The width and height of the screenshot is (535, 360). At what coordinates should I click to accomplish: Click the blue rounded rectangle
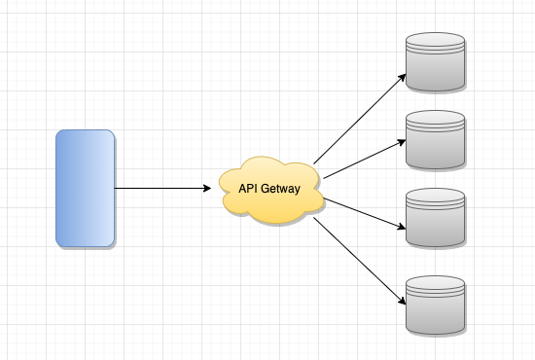[x=86, y=188]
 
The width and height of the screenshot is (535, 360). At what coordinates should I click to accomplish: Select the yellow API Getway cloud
[x=271, y=190]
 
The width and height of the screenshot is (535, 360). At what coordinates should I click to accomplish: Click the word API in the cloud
[x=247, y=189]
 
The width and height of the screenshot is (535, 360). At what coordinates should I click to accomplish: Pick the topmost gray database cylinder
[x=436, y=61]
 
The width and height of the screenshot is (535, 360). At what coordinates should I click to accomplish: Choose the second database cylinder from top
[x=436, y=139]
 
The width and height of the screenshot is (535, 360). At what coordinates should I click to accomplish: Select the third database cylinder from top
[x=436, y=217]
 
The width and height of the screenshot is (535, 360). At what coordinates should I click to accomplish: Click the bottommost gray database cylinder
[x=436, y=306]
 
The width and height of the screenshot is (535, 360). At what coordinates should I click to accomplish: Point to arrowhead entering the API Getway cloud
[x=207, y=188]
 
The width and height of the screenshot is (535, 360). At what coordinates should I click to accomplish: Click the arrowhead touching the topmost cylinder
[x=403, y=78]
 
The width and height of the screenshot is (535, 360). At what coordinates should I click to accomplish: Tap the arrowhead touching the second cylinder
[x=402, y=142]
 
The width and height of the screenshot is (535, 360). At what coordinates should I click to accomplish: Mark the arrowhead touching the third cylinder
[x=402, y=227]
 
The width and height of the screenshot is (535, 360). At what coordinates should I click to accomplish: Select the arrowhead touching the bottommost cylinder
[x=403, y=301]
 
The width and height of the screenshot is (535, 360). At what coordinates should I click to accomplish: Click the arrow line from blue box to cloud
[x=162, y=188]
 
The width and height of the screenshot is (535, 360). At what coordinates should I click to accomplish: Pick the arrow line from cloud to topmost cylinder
[x=360, y=119]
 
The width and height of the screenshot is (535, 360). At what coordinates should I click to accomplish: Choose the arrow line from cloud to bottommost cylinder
[x=360, y=261]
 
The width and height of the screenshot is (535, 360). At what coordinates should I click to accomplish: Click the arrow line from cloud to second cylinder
[x=365, y=160]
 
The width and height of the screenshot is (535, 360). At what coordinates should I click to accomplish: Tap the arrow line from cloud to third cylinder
[x=365, y=213]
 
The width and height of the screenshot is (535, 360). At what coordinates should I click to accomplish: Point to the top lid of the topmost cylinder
[x=436, y=39]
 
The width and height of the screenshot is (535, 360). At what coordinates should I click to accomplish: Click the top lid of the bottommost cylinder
[x=436, y=282]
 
